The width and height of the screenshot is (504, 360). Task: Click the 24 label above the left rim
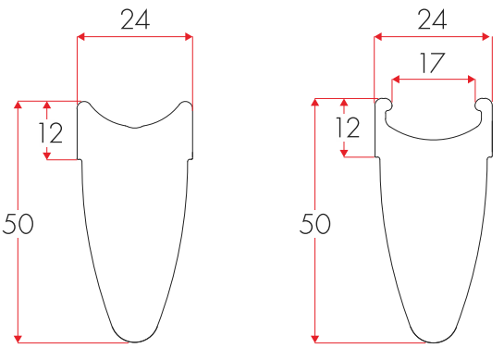pos(136,19)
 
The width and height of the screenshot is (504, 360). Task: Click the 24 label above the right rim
pos(433,19)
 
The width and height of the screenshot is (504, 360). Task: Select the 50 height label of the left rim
pos(18,223)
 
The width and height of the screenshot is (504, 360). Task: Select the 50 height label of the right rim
pos(315,223)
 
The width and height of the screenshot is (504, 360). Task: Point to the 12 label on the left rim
pos(50,133)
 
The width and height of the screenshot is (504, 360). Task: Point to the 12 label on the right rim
pos(347,128)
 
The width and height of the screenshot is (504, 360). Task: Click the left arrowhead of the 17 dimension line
pos(396,80)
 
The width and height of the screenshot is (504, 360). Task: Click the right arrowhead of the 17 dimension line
pos(472,80)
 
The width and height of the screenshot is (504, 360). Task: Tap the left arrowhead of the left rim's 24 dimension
pos(81,37)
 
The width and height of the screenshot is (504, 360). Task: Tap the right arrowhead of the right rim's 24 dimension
pos(486,37)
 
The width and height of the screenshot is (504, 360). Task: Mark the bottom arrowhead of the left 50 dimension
pos(18,339)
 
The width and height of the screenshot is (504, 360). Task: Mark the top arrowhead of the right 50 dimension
pos(315,101)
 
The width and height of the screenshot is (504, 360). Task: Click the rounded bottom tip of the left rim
pos(136,341)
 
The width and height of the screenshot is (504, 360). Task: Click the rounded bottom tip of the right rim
pos(433,341)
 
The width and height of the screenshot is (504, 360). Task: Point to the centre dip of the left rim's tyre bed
pos(136,127)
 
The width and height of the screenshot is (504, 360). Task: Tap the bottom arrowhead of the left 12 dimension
pos(46,155)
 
